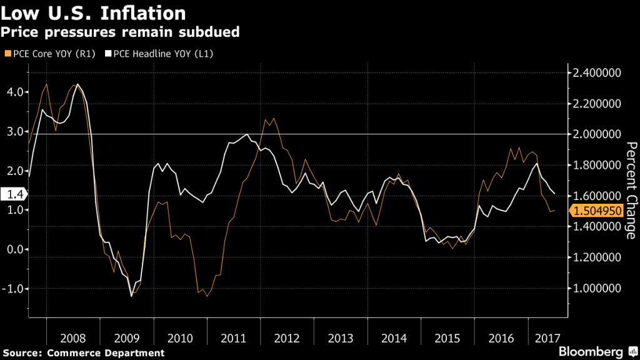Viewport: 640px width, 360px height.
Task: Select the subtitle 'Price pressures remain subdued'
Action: point(121,31)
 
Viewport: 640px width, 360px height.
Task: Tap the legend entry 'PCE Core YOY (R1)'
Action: point(50,54)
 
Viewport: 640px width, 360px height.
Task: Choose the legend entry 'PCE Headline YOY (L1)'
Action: point(157,54)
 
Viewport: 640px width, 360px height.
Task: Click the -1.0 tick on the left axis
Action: point(12,289)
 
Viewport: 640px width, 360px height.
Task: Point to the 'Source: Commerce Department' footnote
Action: point(82,353)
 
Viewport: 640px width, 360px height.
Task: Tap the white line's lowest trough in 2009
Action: point(131,296)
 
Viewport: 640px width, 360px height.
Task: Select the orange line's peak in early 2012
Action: point(273,118)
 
